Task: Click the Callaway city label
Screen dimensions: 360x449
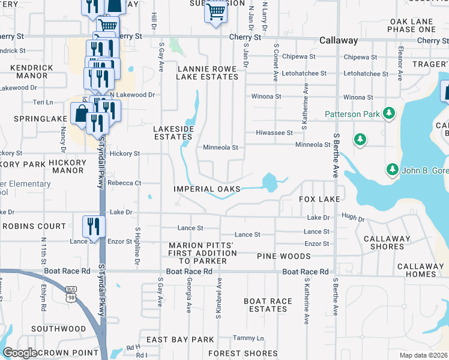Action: pos(339,41)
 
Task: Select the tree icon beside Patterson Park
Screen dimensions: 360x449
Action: pos(389,113)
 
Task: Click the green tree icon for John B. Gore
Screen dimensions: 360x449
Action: pos(392,168)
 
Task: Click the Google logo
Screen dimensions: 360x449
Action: pos(20,353)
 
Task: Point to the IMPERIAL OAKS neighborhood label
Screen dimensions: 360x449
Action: pos(206,189)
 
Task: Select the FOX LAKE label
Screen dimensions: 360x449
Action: pos(319,199)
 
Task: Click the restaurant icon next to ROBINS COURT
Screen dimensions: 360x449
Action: pos(93,226)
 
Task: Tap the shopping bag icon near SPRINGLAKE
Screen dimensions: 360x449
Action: pos(80,113)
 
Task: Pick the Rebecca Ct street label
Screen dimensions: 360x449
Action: pos(124,183)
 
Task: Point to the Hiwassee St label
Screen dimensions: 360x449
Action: pos(274,133)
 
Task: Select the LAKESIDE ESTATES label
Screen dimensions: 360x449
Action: pos(173,133)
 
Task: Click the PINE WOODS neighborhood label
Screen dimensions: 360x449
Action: pos(283,256)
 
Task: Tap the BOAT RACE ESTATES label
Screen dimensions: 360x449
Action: pos(268,305)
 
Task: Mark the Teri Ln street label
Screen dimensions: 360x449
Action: pos(43,103)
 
